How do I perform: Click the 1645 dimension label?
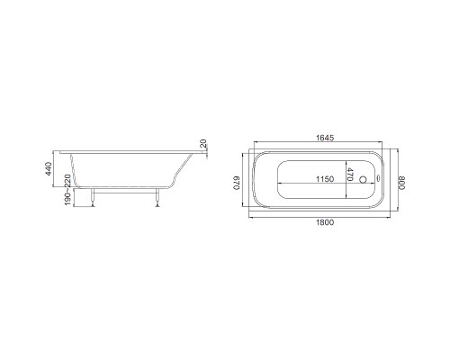(325, 138)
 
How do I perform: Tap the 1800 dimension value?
(325, 222)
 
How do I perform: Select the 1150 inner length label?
(325, 179)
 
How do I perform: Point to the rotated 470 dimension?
(350, 175)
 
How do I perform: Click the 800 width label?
(402, 183)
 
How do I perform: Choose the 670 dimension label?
(237, 183)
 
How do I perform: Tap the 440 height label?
(49, 169)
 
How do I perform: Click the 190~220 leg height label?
(67, 190)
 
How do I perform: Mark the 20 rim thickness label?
(203, 143)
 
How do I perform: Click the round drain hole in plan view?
(364, 179)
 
